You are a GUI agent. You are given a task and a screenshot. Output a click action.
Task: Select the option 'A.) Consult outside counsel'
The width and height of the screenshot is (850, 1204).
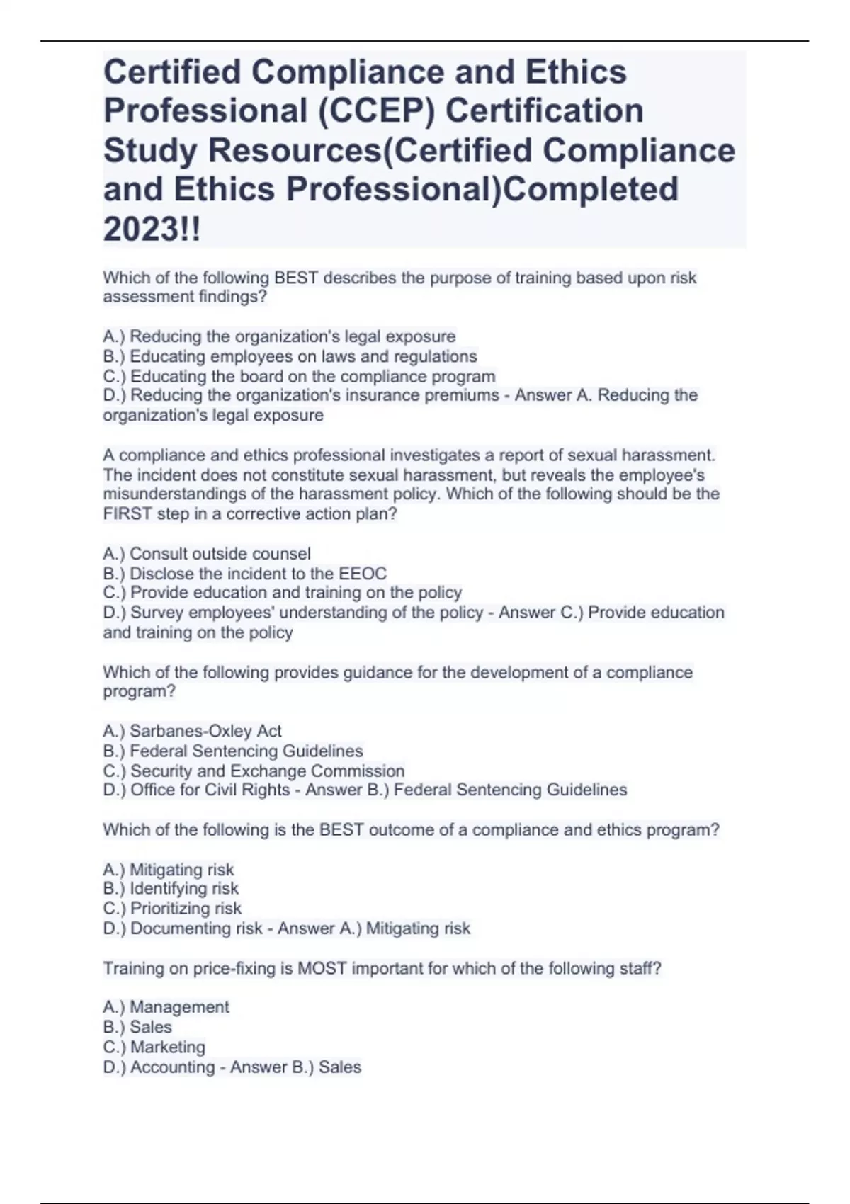207,553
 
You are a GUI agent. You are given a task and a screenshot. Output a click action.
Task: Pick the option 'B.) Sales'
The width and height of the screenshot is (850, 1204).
137,1027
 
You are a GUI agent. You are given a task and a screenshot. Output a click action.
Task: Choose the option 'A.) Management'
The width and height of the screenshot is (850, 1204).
166,1007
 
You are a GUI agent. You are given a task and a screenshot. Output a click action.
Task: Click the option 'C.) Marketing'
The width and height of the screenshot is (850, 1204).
154,1047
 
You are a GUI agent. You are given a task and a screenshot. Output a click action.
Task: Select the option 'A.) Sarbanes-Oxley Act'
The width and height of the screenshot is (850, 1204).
192,731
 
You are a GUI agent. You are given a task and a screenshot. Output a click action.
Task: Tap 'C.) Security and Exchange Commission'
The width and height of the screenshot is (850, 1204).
254,771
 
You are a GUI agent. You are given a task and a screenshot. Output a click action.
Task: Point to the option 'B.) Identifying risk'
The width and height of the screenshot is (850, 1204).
171,888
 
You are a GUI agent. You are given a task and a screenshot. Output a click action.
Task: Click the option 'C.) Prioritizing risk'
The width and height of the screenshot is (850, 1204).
172,908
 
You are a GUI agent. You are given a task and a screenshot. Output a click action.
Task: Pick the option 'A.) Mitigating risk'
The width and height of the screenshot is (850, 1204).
169,869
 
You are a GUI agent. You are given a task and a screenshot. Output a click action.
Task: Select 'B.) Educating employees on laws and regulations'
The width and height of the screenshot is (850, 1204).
290,356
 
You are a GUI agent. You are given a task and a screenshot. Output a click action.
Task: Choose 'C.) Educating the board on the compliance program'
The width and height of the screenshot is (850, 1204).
299,376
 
